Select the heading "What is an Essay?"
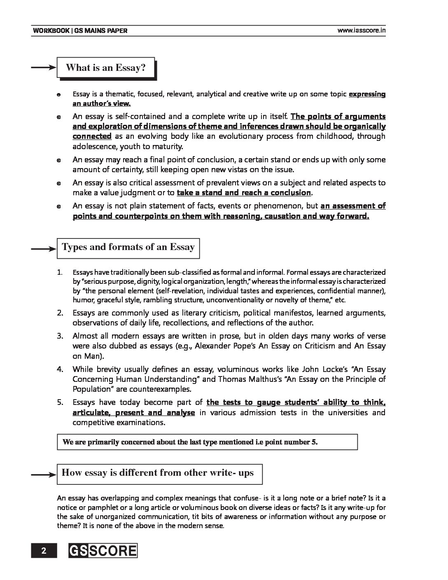point(106,68)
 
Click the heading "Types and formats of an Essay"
point(128,247)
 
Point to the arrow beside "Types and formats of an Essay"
point(43,248)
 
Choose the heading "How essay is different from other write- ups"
point(158,473)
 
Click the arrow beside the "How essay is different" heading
point(43,475)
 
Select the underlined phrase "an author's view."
point(102,104)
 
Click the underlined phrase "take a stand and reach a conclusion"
point(244,192)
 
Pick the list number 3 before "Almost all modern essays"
point(60,336)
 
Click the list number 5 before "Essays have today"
point(60,402)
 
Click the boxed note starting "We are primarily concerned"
point(207,442)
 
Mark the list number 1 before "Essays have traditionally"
point(60,272)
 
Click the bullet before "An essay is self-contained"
point(59,117)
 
